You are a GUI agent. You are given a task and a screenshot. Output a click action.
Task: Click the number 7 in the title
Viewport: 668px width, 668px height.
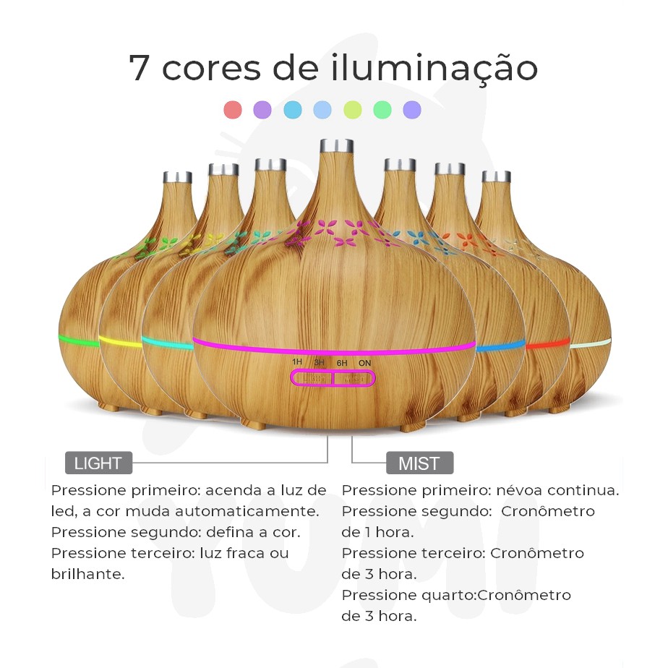pos(140,68)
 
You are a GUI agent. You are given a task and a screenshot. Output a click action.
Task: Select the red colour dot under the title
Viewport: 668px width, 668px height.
pos(233,109)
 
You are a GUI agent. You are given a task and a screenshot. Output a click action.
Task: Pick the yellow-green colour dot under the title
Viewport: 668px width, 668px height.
pos(352,109)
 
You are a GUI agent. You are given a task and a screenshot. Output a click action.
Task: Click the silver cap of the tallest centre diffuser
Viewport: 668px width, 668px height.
pos(337,146)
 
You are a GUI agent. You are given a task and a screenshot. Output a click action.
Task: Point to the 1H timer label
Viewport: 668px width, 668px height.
pos(297,361)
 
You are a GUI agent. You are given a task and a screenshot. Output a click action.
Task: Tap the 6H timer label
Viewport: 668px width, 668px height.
pos(342,363)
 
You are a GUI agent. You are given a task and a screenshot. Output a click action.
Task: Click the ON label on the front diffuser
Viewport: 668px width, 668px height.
pos(364,363)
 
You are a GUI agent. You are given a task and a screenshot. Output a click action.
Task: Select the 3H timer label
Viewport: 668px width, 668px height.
pos(319,362)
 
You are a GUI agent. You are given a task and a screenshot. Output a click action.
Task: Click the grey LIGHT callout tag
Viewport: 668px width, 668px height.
pos(98,463)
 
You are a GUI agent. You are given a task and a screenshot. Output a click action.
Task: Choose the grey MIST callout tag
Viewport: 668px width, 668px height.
pos(419,463)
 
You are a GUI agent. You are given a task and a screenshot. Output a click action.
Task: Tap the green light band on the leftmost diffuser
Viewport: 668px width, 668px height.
pos(79,341)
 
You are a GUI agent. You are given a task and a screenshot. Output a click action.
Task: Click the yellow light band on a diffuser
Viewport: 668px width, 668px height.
pos(121,342)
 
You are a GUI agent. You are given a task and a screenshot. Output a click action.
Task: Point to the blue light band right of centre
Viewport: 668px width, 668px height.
pos(500,346)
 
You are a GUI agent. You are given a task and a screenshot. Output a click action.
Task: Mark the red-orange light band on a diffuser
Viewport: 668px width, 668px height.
pos(548,343)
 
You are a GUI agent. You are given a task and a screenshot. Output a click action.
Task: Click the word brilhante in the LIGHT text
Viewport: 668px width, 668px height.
pos(87,574)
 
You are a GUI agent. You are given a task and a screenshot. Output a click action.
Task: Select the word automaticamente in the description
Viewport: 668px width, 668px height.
pos(222,511)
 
